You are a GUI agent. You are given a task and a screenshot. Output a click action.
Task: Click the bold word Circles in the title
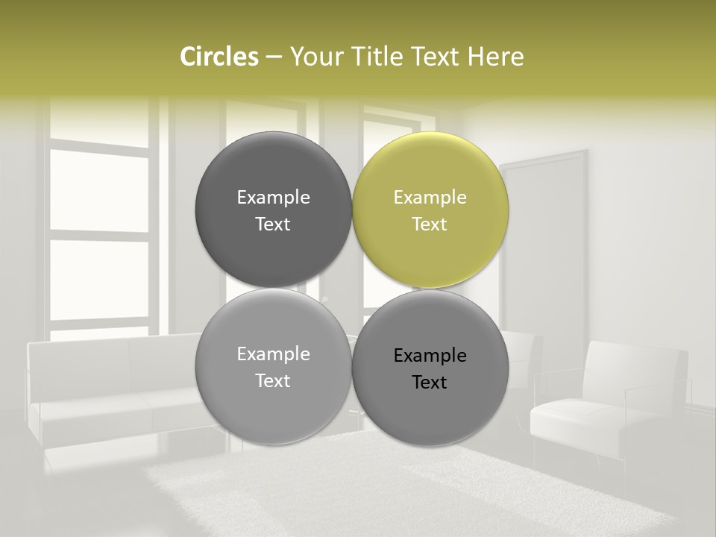(x=219, y=57)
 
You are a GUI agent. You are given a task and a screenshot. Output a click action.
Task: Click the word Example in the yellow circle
(x=430, y=198)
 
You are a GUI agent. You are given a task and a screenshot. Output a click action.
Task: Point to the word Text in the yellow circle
(x=430, y=224)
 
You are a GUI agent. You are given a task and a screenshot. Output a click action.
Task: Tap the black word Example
(x=430, y=356)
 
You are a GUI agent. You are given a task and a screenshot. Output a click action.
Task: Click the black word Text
(x=430, y=382)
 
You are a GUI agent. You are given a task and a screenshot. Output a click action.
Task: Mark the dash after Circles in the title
(x=273, y=57)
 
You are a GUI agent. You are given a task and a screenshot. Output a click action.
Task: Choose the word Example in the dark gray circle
(x=273, y=198)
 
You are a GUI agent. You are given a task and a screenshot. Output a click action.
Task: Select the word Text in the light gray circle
(x=273, y=380)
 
